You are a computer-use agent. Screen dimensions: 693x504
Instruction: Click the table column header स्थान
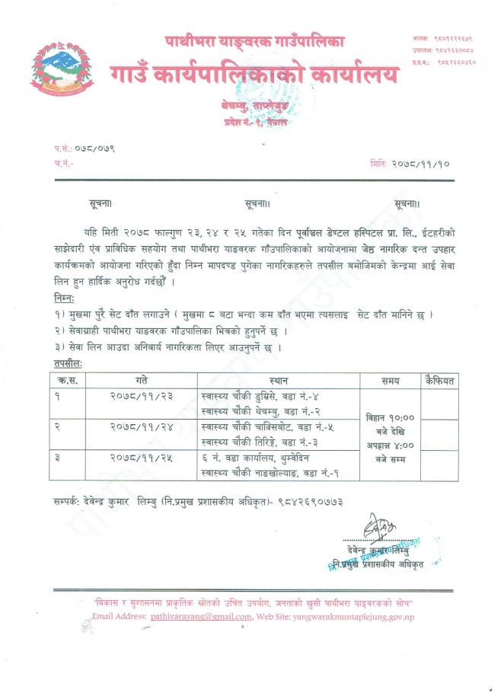point(278,378)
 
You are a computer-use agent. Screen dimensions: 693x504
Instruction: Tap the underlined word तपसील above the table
point(69,363)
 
